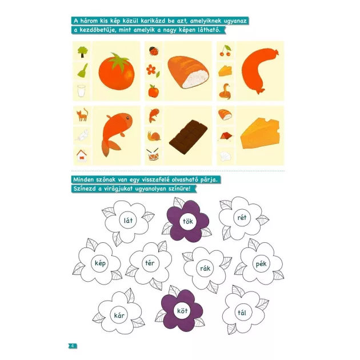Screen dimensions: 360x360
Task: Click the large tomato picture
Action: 117,71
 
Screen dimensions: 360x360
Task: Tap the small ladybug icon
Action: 153,51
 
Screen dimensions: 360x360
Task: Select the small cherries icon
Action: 225,50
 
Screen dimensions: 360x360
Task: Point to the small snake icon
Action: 225,91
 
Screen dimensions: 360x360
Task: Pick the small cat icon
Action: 82,114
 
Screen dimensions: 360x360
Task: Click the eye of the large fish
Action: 127,118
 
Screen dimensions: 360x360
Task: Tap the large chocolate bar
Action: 188,137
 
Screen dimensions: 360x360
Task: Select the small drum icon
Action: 153,154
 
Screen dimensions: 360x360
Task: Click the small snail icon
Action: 154,136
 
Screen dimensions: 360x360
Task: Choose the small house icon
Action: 82,155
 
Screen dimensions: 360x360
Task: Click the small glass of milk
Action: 81,91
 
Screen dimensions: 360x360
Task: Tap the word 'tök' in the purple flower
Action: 188,221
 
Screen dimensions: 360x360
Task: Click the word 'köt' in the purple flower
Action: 182,311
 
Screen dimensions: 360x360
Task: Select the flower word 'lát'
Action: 128,221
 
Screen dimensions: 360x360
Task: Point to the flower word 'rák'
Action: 205,268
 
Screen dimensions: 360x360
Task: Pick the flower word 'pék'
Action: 261,264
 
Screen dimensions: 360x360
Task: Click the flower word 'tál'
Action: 242,313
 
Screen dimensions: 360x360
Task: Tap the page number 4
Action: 73,346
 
